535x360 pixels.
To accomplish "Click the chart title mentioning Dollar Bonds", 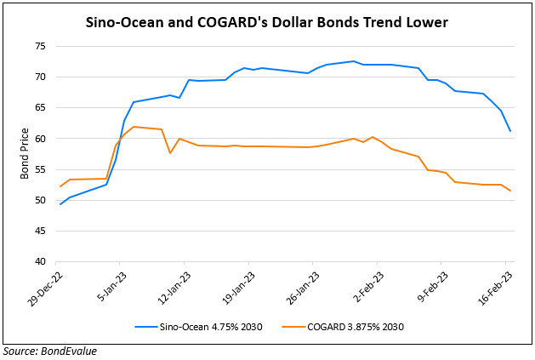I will click(267, 23).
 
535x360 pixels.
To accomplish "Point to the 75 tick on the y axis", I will click(40, 46).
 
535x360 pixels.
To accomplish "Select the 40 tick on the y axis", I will click(40, 262).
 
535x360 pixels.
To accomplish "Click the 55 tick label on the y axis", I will click(40, 169).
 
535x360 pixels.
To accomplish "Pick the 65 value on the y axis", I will click(40, 108).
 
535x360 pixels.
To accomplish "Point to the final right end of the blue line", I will click(509, 131).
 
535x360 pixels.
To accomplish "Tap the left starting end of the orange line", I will click(60, 186).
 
